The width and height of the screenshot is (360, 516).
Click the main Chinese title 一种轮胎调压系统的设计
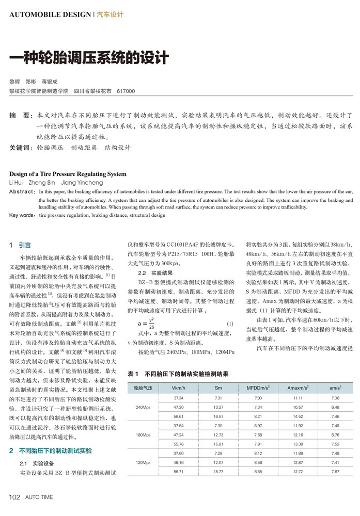89,57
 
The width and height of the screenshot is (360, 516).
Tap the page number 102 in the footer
14,497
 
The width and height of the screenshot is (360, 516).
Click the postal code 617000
126,91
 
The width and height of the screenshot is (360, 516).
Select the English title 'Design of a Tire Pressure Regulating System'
68,174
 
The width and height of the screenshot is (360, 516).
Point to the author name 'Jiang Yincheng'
83,183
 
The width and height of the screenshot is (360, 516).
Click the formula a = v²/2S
146,324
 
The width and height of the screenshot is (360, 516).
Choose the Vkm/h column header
179,388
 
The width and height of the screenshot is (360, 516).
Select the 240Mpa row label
143,408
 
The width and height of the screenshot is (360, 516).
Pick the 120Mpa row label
143,462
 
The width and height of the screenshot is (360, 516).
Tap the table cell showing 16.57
218,416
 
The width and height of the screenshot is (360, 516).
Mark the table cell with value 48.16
179,462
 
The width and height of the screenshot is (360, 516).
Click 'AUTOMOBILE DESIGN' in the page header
50,15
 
